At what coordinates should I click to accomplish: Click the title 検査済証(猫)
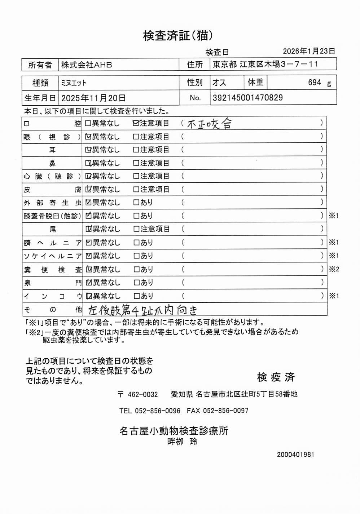[x=178, y=36]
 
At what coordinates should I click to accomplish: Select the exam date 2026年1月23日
[x=309, y=51]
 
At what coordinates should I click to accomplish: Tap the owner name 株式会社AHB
[x=87, y=65]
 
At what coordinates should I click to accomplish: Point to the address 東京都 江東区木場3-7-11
[x=265, y=65]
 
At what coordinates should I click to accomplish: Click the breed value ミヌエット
[x=74, y=83]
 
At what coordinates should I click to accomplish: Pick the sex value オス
[x=219, y=83]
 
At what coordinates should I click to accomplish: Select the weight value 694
[x=314, y=83]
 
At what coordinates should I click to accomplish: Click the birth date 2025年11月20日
[x=93, y=98]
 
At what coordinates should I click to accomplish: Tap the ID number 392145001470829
[x=248, y=98]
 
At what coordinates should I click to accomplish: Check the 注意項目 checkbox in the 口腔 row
[x=136, y=123]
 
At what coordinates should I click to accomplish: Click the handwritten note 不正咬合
[x=209, y=124]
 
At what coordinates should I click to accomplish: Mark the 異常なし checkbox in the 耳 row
[x=88, y=150]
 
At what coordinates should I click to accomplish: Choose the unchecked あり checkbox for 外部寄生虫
[x=136, y=203]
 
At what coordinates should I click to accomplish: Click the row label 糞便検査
[x=52, y=270]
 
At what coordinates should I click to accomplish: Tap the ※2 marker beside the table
[x=334, y=269]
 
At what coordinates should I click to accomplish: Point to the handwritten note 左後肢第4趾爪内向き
[x=143, y=310]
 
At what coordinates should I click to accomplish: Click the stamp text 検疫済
[x=276, y=377]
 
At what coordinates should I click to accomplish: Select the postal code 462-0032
[x=142, y=394]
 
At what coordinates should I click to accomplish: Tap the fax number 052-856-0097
[x=225, y=411]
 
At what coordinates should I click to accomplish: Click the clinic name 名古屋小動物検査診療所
[x=174, y=431]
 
